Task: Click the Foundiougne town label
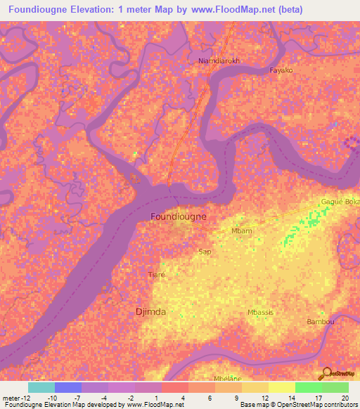coord(179,216)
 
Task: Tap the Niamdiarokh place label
coord(219,60)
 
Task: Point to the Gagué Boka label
coord(340,201)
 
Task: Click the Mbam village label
coord(241,231)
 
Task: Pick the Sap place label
coord(205,251)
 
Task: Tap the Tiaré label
coord(157,274)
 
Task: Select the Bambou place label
coord(320,321)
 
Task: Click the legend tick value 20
coord(343,397)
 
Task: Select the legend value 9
coord(236,397)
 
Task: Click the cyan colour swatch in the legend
coord(41,387)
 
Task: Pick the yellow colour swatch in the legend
coord(281,387)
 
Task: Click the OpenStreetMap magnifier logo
coord(326,372)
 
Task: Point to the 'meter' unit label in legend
coord(11,397)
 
